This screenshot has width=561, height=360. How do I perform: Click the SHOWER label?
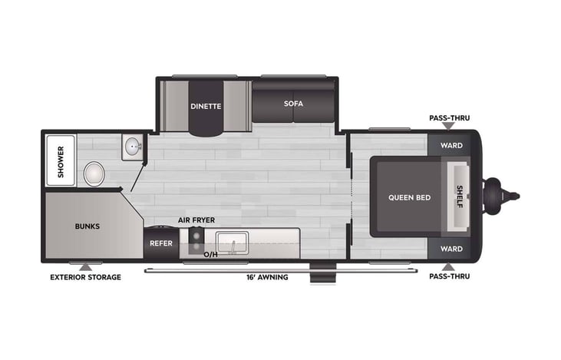point(61,162)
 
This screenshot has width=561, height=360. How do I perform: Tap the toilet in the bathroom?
point(94,174)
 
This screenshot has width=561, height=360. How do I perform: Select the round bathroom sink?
point(133,147)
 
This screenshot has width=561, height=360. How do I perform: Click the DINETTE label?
point(206,106)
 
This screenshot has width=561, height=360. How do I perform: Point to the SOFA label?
point(293,104)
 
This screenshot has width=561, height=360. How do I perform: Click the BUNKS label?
point(87,226)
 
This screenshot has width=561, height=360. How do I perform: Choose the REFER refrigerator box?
point(161,243)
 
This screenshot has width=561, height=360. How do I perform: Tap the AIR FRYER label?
point(196,220)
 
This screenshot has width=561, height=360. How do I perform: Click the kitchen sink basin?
point(233,243)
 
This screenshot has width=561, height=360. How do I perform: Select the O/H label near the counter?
point(210,254)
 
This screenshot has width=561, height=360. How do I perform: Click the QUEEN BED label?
point(410,197)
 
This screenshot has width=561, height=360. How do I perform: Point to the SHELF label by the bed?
point(460,197)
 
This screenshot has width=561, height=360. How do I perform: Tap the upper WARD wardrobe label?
point(451,145)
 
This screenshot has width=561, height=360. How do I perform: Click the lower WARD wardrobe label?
point(451,249)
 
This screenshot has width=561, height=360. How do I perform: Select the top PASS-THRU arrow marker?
point(448,126)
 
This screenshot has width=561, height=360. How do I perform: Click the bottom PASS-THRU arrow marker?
point(448,267)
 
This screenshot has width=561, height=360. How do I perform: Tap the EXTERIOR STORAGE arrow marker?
point(85,268)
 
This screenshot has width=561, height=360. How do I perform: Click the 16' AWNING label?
point(267,277)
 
